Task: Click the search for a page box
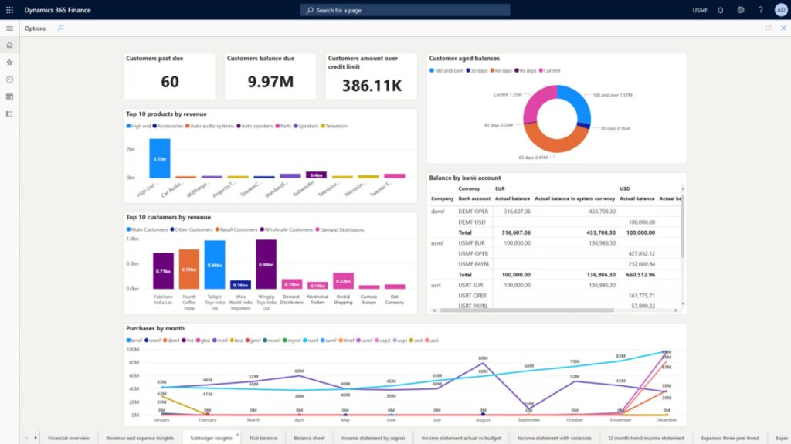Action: tap(405, 10)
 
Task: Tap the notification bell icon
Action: tap(720, 10)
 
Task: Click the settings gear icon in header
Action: tap(741, 10)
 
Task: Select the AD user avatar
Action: tap(780, 10)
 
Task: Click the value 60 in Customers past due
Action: tap(170, 83)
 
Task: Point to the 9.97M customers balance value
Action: tap(270, 83)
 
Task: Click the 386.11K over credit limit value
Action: tap(372, 84)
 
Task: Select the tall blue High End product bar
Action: tap(159, 158)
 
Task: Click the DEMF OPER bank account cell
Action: tap(473, 210)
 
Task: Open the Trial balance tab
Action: tap(263, 438)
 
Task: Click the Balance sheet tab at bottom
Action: tap(309, 438)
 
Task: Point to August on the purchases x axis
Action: tap(483, 420)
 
